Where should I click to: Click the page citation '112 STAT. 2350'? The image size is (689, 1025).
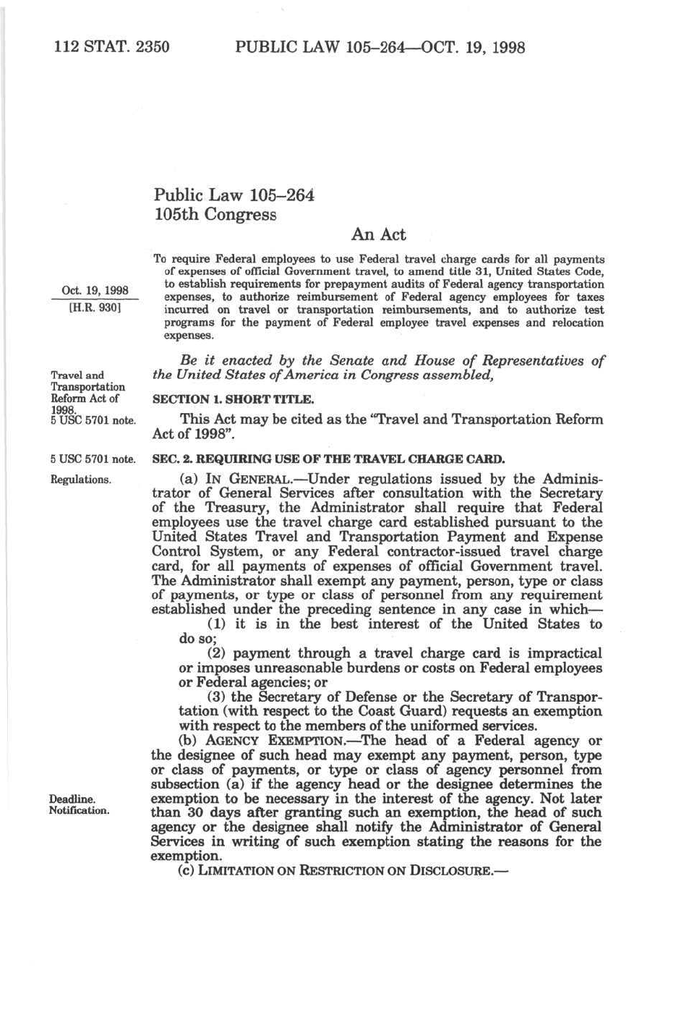tap(112, 48)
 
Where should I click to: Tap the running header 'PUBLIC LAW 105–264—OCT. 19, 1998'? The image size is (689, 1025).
tap(380, 48)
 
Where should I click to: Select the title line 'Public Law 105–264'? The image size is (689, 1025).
tap(234, 195)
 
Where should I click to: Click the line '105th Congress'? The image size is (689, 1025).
tap(215, 215)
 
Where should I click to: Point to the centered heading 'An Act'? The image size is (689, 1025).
tap(378, 234)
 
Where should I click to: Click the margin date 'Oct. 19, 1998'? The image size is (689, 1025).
tap(95, 291)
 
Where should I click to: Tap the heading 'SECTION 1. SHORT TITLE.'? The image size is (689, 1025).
tap(233, 399)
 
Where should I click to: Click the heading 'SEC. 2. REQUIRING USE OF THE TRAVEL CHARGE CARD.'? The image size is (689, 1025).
tap(328, 459)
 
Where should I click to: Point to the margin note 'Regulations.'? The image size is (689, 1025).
tap(80, 480)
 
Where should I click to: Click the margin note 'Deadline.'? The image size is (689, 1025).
tap(72, 799)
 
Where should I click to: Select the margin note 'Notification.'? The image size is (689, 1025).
tap(79, 810)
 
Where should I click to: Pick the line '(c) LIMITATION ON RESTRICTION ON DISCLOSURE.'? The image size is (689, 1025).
tap(343, 871)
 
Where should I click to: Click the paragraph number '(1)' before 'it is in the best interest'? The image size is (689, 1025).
tap(217, 624)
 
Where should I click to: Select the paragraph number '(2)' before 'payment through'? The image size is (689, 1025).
tap(217, 653)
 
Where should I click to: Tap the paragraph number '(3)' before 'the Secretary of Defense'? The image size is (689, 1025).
tap(217, 697)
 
